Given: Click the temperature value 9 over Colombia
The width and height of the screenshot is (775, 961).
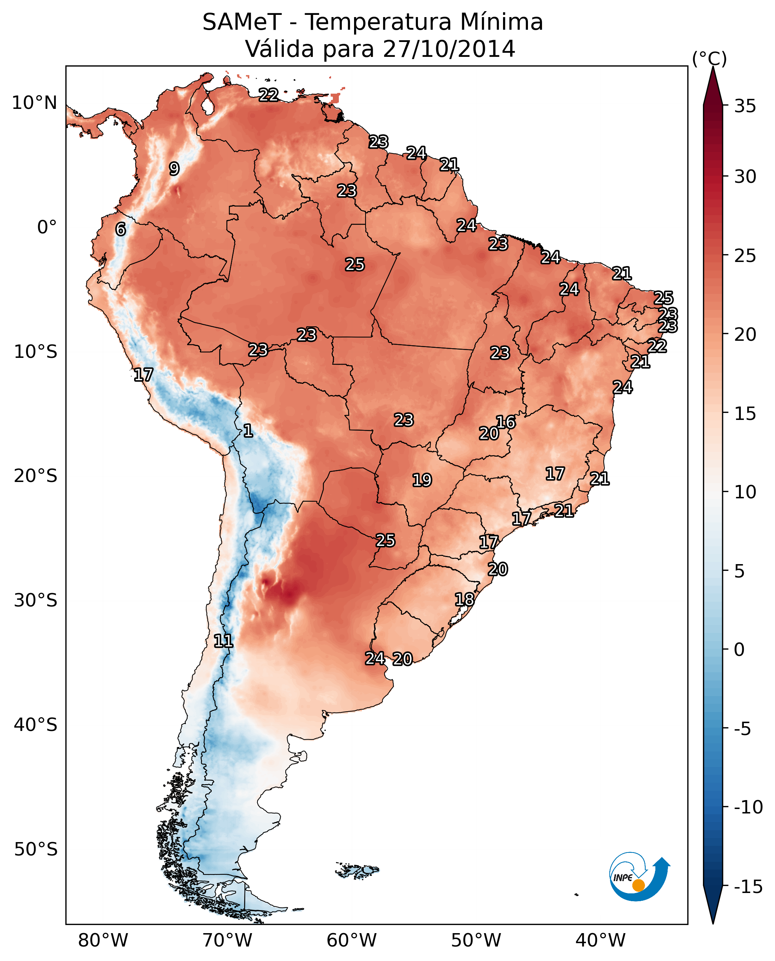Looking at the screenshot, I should pyautogui.click(x=174, y=169).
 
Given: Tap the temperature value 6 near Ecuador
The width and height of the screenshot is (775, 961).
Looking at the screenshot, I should pyautogui.click(x=120, y=229).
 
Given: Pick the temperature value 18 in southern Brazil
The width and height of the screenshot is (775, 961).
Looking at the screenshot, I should pyautogui.click(x=464, y=599).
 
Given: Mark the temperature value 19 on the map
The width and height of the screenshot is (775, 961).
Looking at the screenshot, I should pyautogui.click(x=422, y=480).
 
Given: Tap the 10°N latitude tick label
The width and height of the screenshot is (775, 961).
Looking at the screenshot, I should pyautogui.click(x=35, y=103).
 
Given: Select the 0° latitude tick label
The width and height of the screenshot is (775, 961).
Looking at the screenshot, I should pyautogui.click(x=47, y=227).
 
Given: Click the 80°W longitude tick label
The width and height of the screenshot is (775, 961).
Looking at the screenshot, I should pyautogui.click(x=103, y=941).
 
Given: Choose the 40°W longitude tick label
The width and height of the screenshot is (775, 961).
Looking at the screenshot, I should pyautogui.click(x=600, y=941).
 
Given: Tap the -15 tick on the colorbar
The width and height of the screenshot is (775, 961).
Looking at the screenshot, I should pyautogui.click(x=748, y=887).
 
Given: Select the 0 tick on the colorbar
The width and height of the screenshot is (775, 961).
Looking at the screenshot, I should pyautogui.click(x=739, y=649).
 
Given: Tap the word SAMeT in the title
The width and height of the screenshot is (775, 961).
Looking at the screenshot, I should pyautogui.click(x=241, y=22).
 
